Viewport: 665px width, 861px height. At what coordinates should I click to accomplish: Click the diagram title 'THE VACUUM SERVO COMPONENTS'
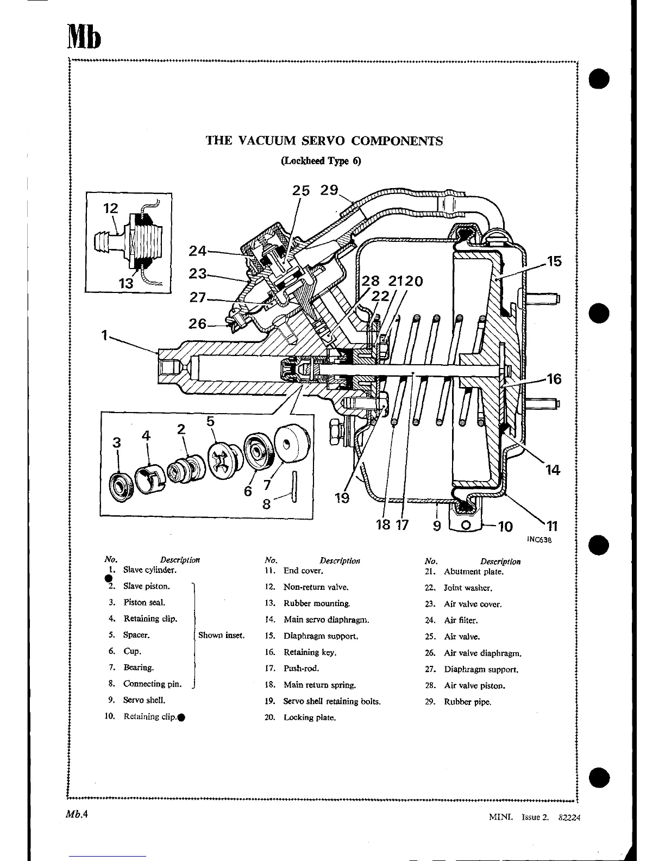click(324, 141)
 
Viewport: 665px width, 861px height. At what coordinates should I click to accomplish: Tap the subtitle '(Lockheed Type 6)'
click(321, 161)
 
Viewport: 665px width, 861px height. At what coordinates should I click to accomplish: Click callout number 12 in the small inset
click(110, 208)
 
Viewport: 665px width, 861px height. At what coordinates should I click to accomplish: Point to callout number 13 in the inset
click(126, 283)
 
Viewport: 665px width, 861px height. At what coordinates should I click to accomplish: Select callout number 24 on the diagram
click(198, 251)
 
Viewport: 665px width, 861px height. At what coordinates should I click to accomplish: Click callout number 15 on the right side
click(554, 261)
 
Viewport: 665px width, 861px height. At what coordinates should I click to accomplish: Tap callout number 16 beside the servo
click(554, 378)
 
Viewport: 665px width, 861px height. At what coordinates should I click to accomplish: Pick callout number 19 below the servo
click(342, 498)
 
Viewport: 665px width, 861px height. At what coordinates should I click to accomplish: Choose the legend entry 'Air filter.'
click(461, 620)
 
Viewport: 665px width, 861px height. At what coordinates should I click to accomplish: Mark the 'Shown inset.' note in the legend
click(221, 635)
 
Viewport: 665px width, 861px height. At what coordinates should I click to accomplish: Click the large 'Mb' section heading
click(85, 36)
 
